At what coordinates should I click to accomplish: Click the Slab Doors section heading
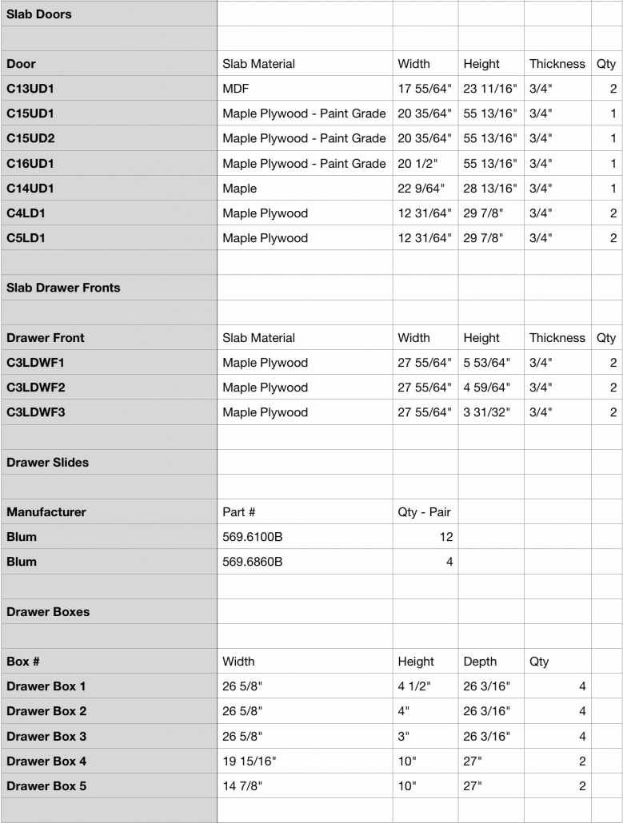click(x=38, y=14)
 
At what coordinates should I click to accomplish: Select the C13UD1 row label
click(x=30, y=89)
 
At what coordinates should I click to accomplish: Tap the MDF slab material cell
click(x=236, y=89)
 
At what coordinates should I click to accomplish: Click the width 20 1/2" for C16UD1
click(x=416, y=164)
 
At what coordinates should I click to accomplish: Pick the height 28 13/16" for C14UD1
click(x=490, y=189)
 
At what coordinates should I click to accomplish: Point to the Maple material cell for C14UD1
click(x=240, y=189)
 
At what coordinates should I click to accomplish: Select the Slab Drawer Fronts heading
click(x=63, y=288)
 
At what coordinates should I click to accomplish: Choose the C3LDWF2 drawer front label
click(x=36, y=388)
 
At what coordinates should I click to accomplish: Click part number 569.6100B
click(x=253, y=537)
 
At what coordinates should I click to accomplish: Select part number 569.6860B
click(x=253, y=562)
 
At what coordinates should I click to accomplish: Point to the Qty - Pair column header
click(x=424, y=512)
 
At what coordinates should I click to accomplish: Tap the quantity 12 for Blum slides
click(x=445, y=537)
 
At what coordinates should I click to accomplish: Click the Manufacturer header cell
click(x=46, y=512)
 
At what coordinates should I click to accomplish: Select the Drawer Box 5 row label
click(x=46, y=786)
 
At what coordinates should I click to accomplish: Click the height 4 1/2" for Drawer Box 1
click(x=414, y=686)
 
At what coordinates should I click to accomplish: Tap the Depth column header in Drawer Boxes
click(x=480, y=662)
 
